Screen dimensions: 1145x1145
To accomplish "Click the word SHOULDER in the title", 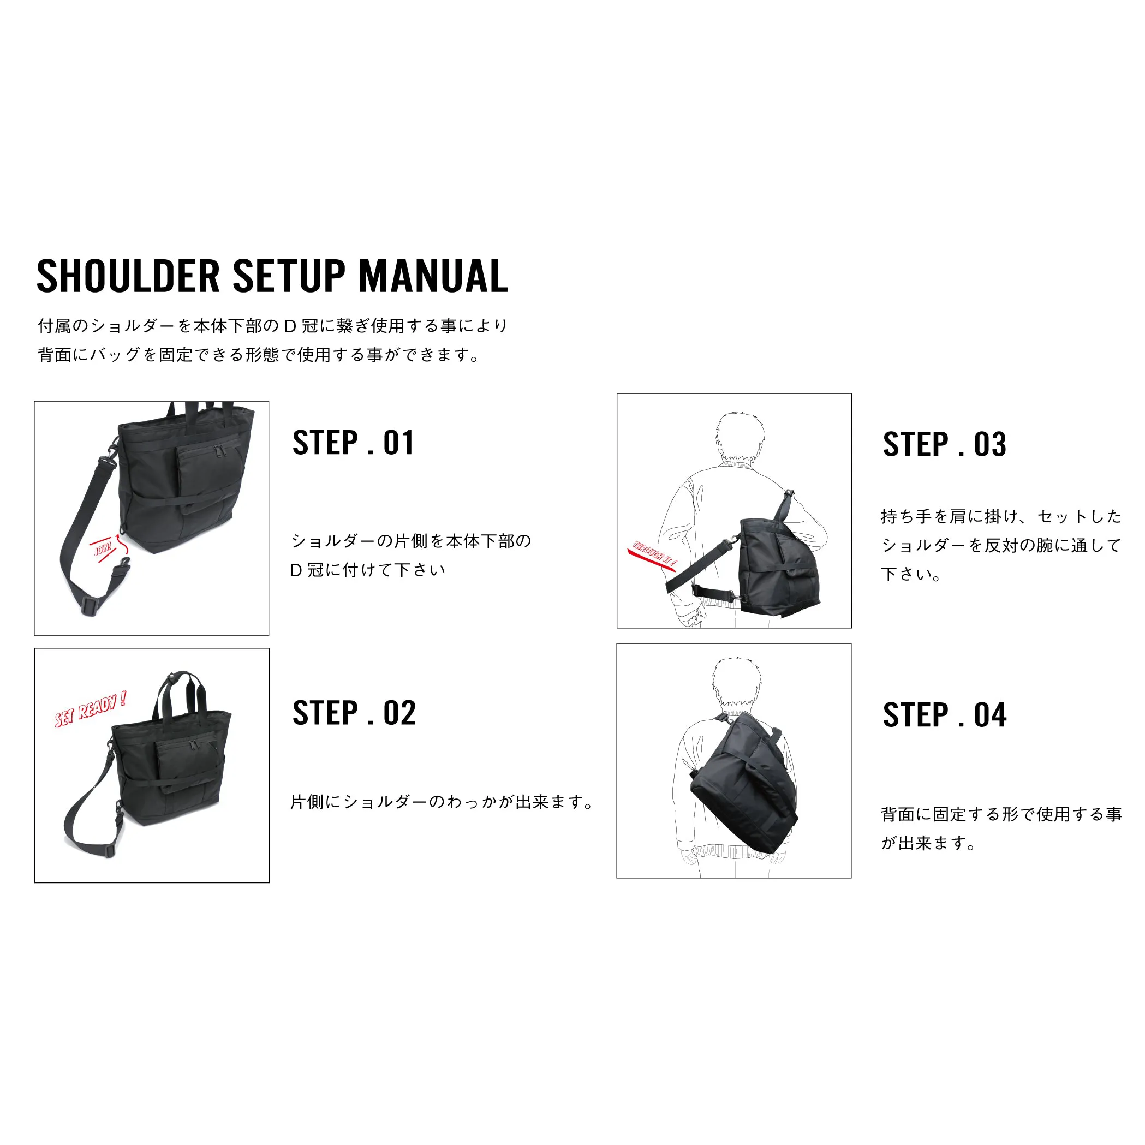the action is (128, 276).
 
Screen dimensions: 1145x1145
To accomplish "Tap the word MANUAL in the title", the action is (433, 276).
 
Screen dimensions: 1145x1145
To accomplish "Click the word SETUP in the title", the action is (289, 276).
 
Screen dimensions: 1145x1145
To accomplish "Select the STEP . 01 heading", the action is (353, 443).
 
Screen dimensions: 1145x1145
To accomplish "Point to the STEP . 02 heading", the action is (354, 712).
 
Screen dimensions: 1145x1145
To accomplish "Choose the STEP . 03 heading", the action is (945, 444).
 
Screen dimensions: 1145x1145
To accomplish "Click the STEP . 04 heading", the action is (945, 715).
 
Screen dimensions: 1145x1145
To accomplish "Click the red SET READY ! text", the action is (90, 709).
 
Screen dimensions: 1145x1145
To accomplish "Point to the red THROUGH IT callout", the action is (653, 556).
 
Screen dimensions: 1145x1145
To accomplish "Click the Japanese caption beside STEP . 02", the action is (442, 802).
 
